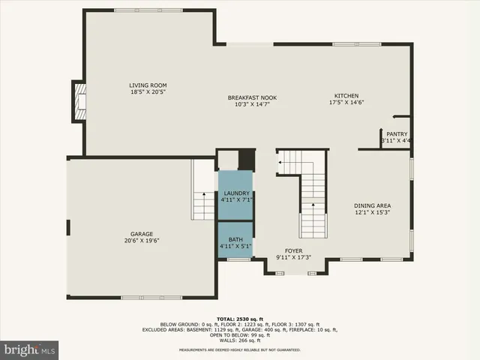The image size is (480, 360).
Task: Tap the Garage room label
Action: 142,233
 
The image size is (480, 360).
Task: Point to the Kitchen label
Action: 346,96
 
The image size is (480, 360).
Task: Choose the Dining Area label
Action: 373,205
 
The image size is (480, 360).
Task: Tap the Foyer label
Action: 293,250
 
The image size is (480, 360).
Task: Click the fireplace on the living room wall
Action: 79,101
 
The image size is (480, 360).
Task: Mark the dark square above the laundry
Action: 247,160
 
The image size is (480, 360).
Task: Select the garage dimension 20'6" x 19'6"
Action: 142,241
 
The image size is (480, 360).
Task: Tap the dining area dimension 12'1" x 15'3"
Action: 373,213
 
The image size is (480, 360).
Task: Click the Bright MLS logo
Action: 29,349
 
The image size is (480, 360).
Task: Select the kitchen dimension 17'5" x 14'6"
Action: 346,103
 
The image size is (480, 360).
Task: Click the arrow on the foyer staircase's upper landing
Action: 283,160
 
